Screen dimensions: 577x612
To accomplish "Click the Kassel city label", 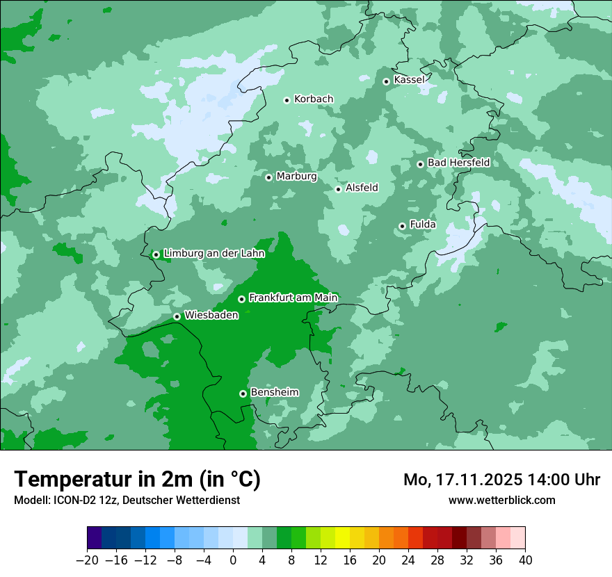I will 409,80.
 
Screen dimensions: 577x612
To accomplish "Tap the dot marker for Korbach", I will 287,100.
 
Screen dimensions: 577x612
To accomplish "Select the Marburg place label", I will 296,177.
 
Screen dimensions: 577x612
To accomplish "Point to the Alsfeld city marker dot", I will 338,189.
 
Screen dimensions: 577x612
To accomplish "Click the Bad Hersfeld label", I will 458,163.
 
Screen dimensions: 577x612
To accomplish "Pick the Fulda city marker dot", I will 402,226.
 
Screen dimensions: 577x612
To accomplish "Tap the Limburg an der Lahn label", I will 214,254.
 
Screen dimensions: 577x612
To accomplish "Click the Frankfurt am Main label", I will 293,298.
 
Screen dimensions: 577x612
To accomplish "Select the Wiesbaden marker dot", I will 177,316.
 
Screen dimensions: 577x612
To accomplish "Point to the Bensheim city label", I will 274,392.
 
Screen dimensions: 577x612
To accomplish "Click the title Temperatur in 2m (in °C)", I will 138,479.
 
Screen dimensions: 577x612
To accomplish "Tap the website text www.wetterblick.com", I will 501,500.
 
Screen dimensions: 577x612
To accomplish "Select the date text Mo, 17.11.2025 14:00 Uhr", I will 501,480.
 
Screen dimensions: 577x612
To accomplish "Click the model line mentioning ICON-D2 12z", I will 127,500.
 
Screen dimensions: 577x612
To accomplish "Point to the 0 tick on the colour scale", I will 233,560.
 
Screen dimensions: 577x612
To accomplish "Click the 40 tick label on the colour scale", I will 525,560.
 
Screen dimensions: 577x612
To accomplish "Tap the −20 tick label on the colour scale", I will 87,560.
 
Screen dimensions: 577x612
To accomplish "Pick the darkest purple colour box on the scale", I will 95,538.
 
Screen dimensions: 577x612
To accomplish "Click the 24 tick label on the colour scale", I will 408,560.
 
